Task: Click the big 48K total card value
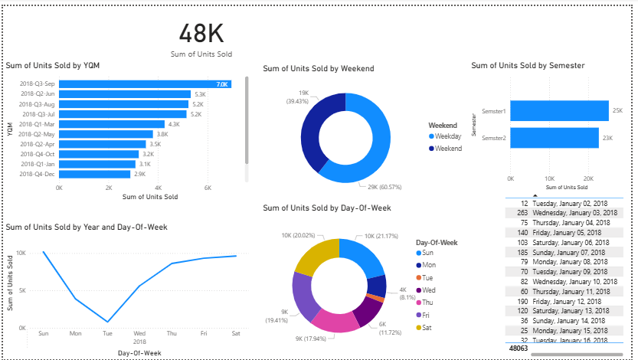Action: click(201, 33)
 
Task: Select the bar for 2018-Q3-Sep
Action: click(145, 83)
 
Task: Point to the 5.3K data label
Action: click(201, 94)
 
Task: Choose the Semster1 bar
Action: click(559, 111)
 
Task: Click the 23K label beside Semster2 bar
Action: click(608, 138)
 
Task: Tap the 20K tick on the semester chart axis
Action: click(588, 178)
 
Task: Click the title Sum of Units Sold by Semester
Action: click(528, 66)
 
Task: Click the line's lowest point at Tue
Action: click(107, 322)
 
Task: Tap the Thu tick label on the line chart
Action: click(172, 334)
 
